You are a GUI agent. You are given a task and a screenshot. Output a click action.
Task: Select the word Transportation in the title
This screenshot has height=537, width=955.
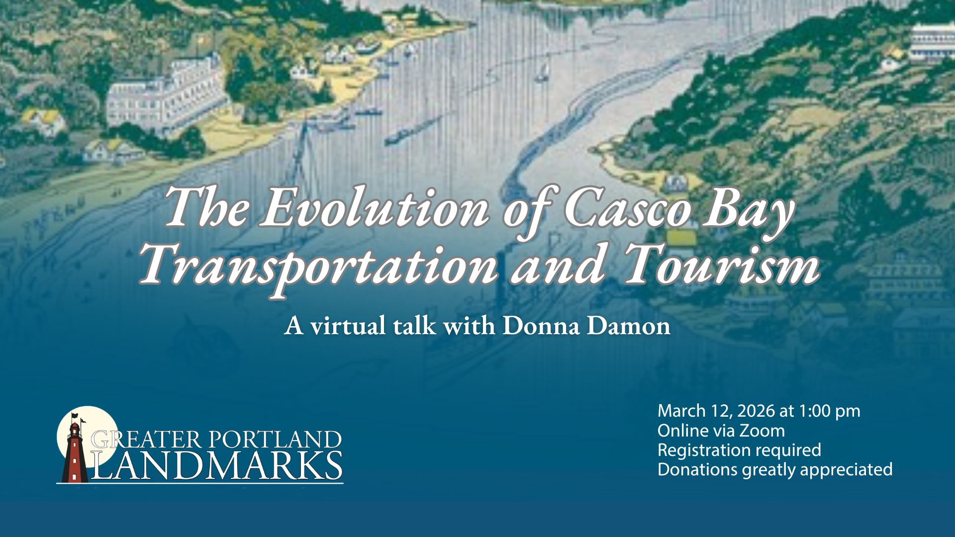[318, 264]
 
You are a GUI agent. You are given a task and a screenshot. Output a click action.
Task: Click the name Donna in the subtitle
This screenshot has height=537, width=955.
[542, 326]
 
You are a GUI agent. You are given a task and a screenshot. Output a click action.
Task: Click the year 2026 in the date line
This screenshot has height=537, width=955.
[756, 411]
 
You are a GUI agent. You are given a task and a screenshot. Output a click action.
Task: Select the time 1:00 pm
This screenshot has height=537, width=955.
[829, 412]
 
